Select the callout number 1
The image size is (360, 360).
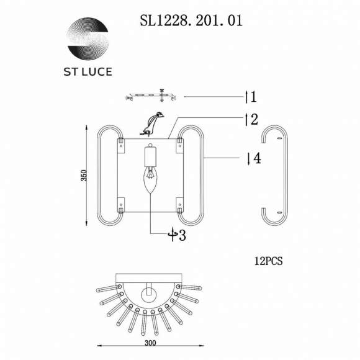pyautogui.click(x=251, y=97)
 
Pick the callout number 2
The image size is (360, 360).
pyautogui.click(x=251, y=119)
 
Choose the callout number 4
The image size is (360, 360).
pyautogui.click(x=253, y=158)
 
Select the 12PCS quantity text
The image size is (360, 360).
pyautogui.click(x=268, y=261)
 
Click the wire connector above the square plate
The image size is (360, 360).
pyautogui.click(x=152, y=124)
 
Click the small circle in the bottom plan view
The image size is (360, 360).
pyautogui.click(x=150, y=292)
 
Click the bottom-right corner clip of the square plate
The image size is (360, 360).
pyautogui.click(x=179, y=203)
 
